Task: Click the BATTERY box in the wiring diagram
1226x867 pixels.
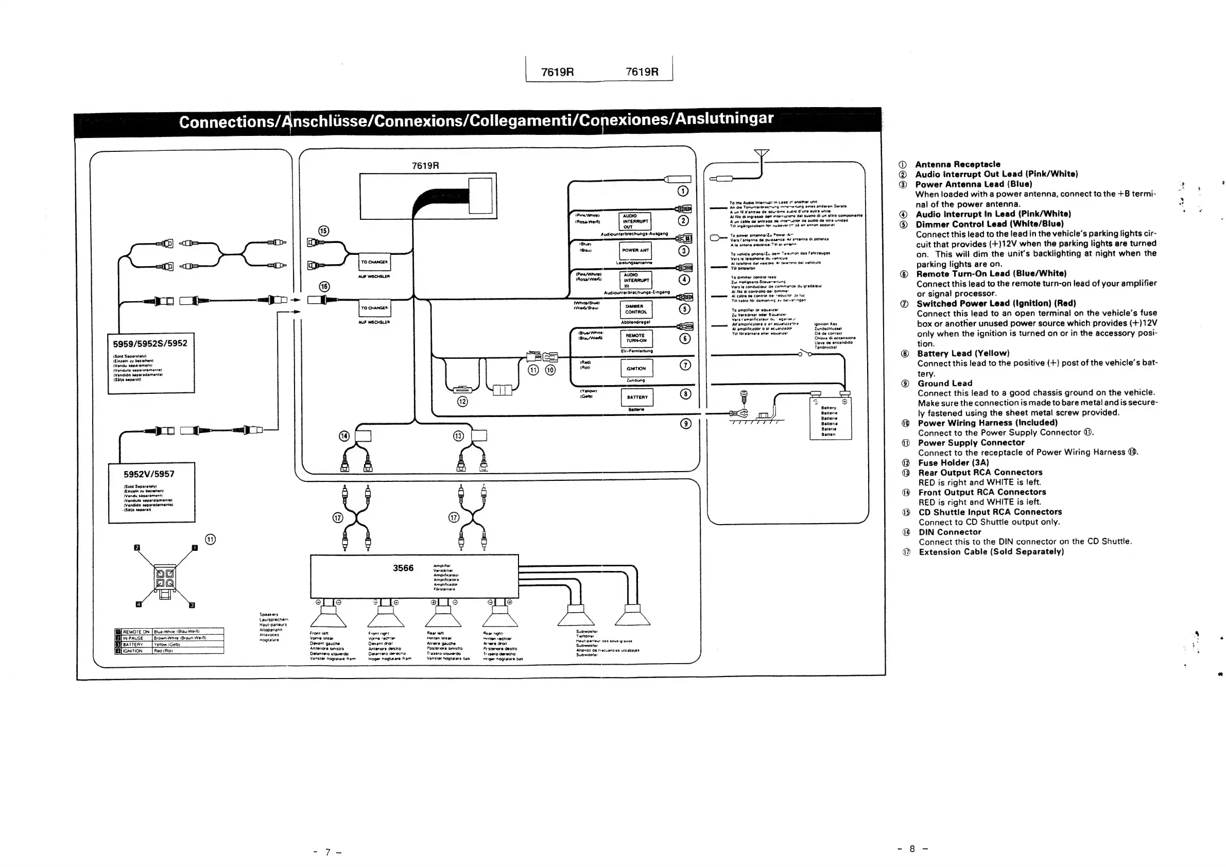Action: (636, 397)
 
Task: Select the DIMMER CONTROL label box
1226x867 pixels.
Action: (635, 309)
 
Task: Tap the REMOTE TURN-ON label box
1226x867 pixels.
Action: (635, 338)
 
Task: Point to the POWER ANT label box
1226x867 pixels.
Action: (635, 250)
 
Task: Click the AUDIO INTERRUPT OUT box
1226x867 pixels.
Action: (635, 221)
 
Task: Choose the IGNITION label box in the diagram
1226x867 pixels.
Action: (636, 368)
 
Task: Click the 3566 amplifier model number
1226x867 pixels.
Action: (403, 568)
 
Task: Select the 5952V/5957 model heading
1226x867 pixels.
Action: (149, 474)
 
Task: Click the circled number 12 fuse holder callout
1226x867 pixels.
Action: (462, 402)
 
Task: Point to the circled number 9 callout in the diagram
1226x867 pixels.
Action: (686, 423)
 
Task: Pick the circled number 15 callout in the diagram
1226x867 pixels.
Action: (323, 231)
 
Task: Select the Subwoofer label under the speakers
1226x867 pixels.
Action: (587, 632)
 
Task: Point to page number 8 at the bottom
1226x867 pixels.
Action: (912, 849)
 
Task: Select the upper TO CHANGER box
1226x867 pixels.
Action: (374, 262)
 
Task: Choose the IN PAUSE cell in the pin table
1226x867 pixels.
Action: (133, 638)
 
